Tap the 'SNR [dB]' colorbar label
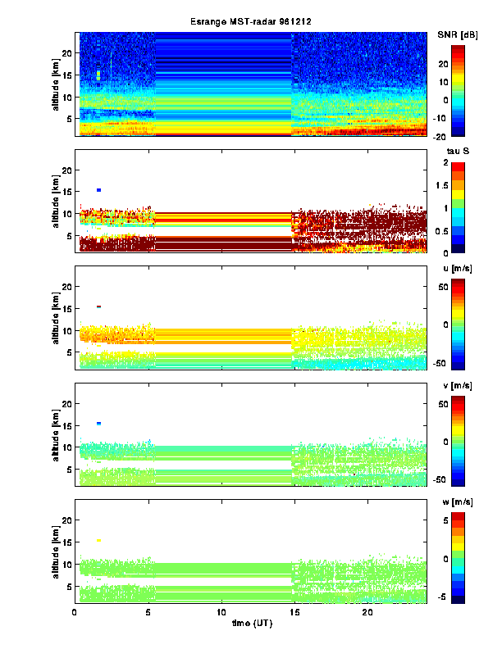(x=456, y=34)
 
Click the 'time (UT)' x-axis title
(x=251, y=624)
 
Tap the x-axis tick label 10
(x=221, y=612)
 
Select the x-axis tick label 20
(x=368, y=612)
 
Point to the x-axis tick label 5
(x=148, y=612)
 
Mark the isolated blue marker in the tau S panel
(x=98, y=190)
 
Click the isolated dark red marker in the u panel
(x=98, y=306)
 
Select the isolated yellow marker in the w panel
(x=98, y=540)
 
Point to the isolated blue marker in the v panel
(x=98, y=424)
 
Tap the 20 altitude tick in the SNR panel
(x=66, y=53)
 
